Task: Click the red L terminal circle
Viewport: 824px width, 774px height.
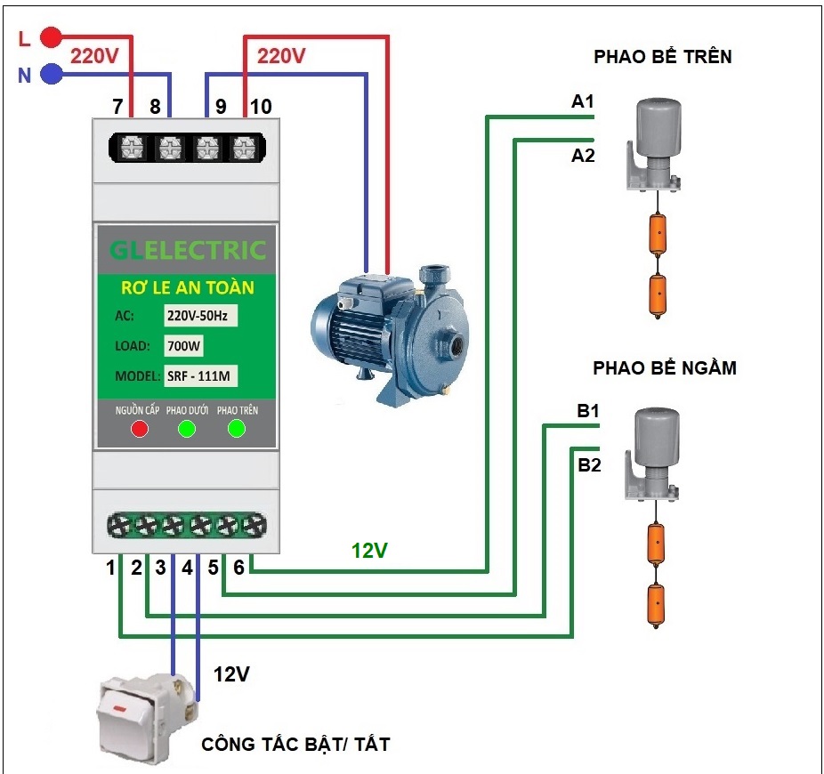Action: coord(53,37)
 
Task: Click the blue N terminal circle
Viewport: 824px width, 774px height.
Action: coord(53,75)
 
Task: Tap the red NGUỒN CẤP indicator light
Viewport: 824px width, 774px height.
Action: coord(139,430)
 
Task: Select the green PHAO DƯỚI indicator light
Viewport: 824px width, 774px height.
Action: coord(187,430)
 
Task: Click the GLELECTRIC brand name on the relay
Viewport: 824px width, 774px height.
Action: coord(188,251)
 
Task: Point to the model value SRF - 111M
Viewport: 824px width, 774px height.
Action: coord(200,375)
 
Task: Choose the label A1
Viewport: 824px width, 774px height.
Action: coord(583,102)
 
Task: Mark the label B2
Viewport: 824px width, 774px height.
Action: coord(589,464)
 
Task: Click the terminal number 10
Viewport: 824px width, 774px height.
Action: coord(261,107)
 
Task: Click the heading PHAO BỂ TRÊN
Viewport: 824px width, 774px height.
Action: coord(663,58)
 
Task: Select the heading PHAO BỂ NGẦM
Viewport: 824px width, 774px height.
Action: coord(665,367)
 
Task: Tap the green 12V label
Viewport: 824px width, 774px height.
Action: coord(369,551)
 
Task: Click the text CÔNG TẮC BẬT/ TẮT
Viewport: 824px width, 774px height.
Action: coord(295,744)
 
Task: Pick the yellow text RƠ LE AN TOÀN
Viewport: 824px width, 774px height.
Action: coord(187,287)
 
